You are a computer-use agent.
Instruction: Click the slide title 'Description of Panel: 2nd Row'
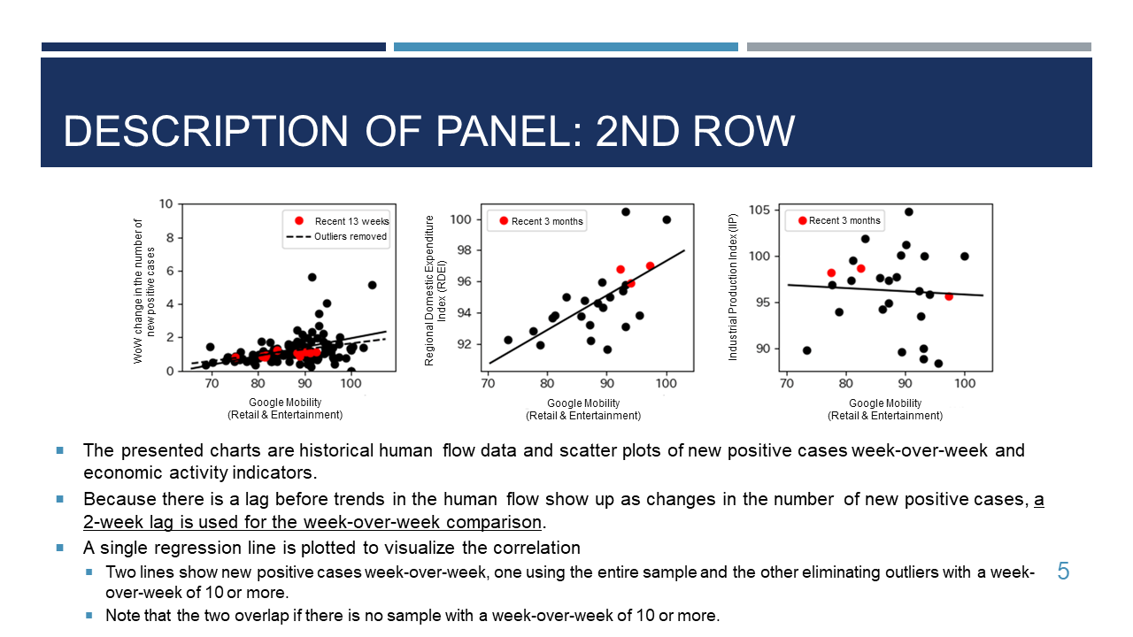[429, 131]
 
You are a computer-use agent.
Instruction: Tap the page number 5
[1063, 572]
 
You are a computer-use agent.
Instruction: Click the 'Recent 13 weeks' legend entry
[342, 221]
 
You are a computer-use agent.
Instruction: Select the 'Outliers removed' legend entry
[336, 236]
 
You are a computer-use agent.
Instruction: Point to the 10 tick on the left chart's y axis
[166, 203]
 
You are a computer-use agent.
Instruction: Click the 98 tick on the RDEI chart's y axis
[465, 250]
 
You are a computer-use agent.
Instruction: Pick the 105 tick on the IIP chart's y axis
[759, 210]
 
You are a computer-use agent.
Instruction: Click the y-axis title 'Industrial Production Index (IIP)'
[732, 288]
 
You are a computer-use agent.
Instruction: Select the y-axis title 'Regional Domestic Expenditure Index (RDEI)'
[435, 291]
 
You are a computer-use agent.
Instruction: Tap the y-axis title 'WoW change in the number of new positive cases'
[144, 291]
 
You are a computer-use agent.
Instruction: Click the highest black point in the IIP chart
[909, 211]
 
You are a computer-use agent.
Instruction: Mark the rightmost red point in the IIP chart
[949, 296]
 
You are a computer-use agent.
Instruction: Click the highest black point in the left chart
[312, 277]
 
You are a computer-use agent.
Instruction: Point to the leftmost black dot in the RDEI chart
[508, 340]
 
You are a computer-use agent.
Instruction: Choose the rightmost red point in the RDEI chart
[650, 266]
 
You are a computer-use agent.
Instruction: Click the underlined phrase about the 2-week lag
[564, 510]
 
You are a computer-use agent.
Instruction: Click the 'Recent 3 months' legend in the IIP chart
[835, 220]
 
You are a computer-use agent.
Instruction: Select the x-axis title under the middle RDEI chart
[583, 410]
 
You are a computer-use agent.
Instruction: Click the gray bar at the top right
[919, 47]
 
